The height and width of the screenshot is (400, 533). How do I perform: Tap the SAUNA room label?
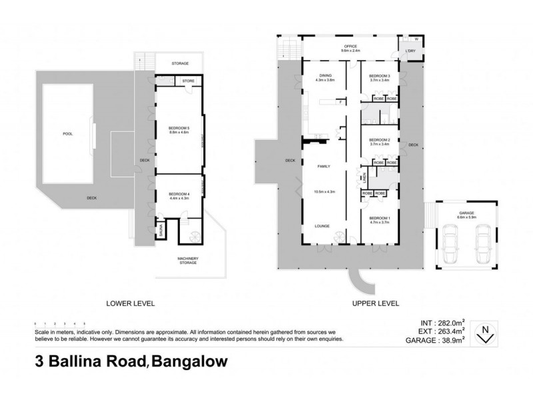(x=161, y=230)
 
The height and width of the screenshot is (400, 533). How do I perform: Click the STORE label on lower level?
(x=189, y=82)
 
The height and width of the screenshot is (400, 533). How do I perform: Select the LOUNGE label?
(x=323, y=227)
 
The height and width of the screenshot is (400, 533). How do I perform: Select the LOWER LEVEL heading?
(x=131, y=303)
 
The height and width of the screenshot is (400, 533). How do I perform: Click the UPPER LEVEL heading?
(x=376, y=303)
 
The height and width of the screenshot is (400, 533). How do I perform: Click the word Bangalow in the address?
(x=191, y=363)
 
